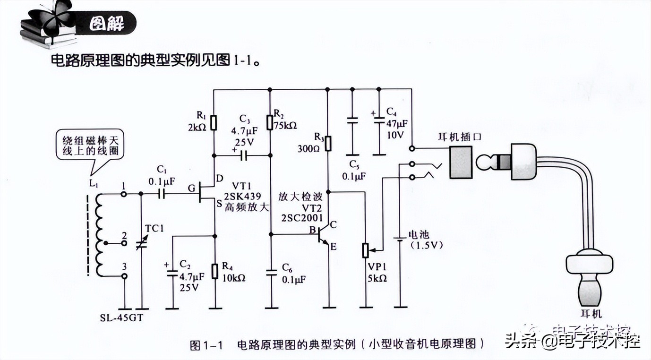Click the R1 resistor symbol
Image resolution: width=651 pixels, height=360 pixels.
(x=214, y=122)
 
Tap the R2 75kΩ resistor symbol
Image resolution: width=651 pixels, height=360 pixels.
(x=270, y=122)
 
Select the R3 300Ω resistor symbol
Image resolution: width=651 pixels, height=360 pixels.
(x=327, y=143)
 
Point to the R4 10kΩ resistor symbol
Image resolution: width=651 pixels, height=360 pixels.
(x=215, y=271)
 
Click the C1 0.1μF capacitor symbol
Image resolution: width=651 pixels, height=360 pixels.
(x=162, y=194)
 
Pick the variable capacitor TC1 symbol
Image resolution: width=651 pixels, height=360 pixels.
(x=141, y=244)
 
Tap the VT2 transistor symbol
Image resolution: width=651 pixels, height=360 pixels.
(x=324, y=235)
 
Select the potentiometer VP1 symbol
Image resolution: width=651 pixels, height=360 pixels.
(x=366, y=250)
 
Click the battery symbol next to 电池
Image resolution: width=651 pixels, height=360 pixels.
(x=400, y=240)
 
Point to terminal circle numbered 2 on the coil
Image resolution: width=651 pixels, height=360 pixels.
(x=124, y=244)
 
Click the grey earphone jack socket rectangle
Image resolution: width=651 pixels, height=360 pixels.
(x=461, y=163)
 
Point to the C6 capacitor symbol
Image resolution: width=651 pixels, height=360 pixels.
(x=271, y=272)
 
